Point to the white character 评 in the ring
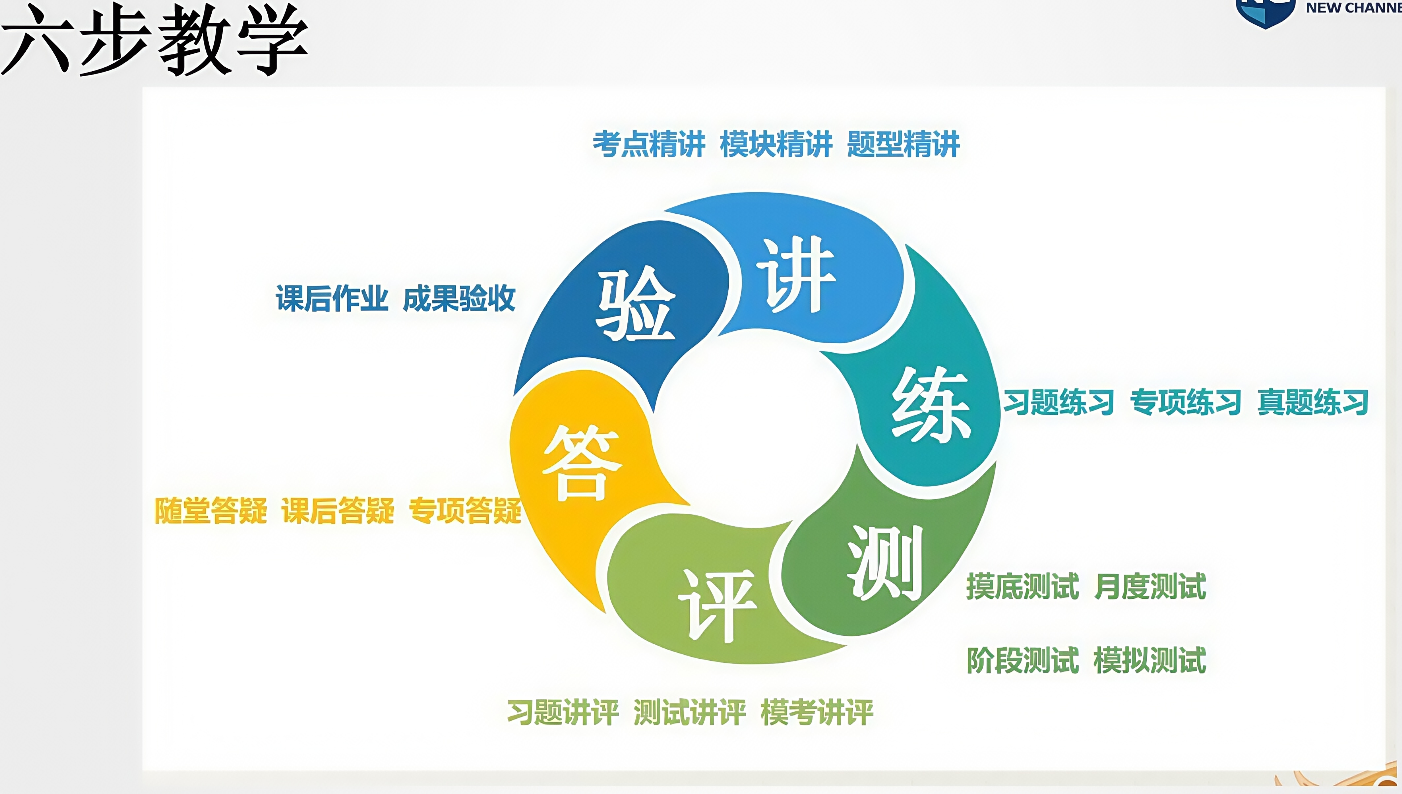click(717, 605)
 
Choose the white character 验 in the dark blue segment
click(636, 303)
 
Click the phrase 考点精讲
click(649, 144)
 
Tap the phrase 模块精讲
click(776, 144)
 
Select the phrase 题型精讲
click(903, 144)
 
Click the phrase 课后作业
click(332, 298)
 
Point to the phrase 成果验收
click(459, 298)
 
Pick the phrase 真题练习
click(1313, 403)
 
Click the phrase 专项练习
click(1185, 403)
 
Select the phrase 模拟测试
click(1149, 660)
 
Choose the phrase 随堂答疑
click(210, 511)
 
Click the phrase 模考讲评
click(817, 712)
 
